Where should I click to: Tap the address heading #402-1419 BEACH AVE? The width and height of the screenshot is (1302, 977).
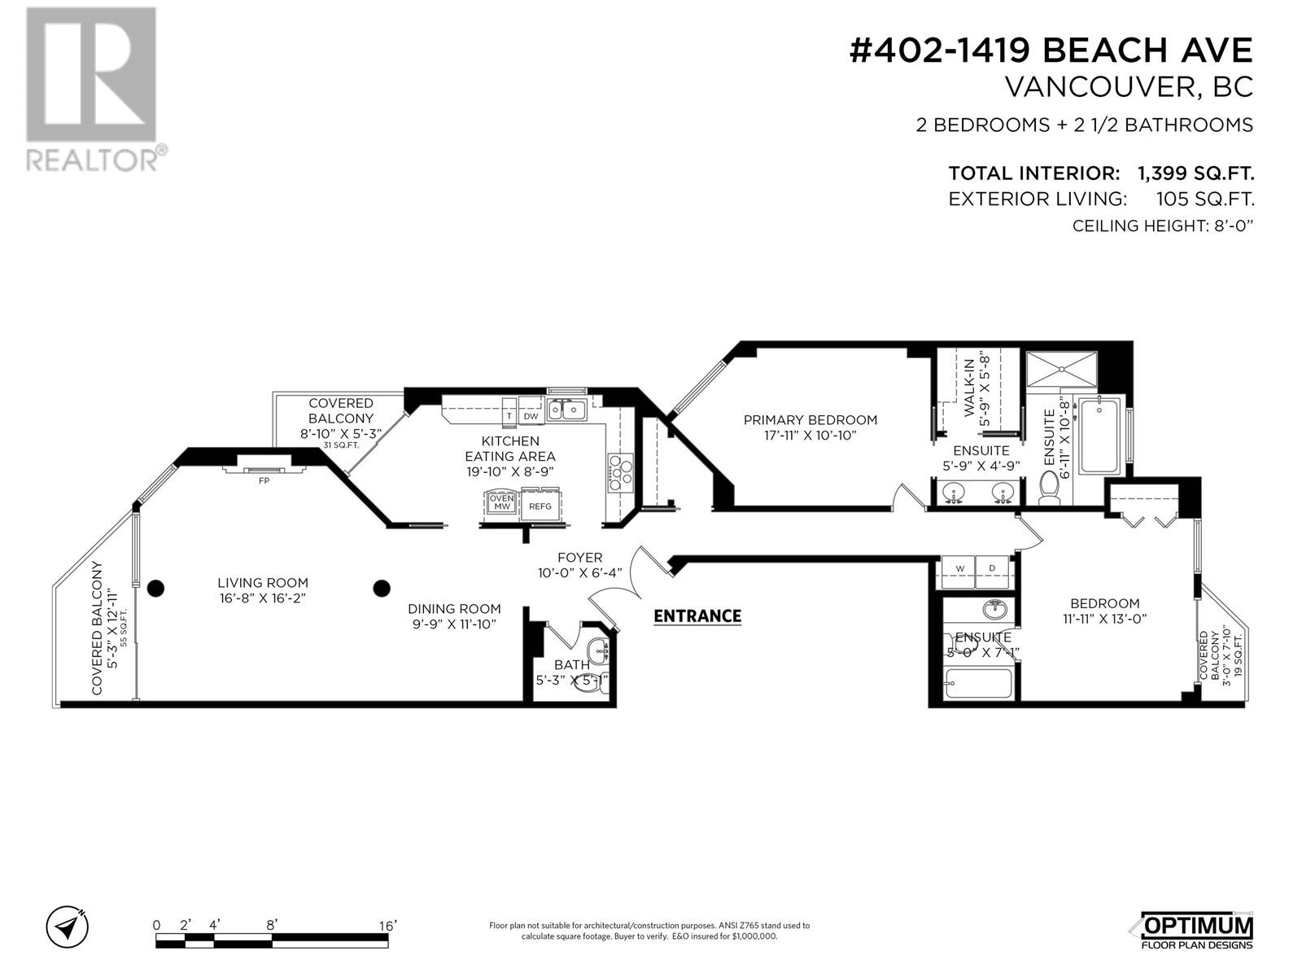click(1051, 50)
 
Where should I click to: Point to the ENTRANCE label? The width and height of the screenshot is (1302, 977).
click(697, 616)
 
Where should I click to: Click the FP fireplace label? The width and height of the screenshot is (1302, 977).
click(264, 480)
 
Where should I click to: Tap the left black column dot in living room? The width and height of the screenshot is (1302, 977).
click(155, 588)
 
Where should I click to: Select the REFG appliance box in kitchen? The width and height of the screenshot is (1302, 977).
click(540, 506)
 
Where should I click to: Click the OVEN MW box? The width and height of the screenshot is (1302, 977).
click(501, 502)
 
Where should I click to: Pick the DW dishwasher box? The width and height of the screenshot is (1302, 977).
click(531, 416)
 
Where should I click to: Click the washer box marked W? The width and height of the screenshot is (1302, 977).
click(959, 568)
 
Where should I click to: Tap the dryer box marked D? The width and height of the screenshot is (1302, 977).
click(992, 568)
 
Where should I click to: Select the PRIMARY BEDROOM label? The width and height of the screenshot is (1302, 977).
click(810, 420)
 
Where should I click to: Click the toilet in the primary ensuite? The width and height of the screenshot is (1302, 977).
click(1049, 488)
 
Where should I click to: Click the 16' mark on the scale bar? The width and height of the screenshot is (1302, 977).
click(387, 926)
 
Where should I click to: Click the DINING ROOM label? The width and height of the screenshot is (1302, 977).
click(454, 608)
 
